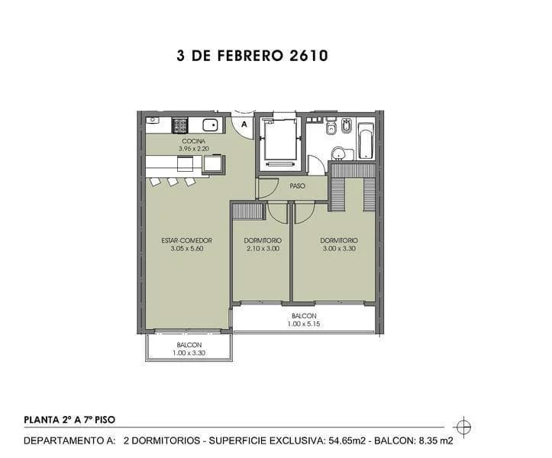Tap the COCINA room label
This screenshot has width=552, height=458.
(x=193, y=141)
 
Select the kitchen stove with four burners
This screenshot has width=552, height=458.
(x=180, y=124)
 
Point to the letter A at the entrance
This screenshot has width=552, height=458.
(x=244, y=124)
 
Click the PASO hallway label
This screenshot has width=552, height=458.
(x=298, y=185)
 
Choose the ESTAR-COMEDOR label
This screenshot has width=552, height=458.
(x=186, y=240)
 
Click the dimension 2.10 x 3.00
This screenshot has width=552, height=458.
(x=263, y=249)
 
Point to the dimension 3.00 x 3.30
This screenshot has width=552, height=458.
(x=339, y=249)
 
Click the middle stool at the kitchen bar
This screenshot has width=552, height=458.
(x=173, y=182)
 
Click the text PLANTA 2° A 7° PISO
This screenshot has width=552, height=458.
(x=70, y=419)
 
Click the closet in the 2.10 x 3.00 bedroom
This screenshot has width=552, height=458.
(x=249, y=211)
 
